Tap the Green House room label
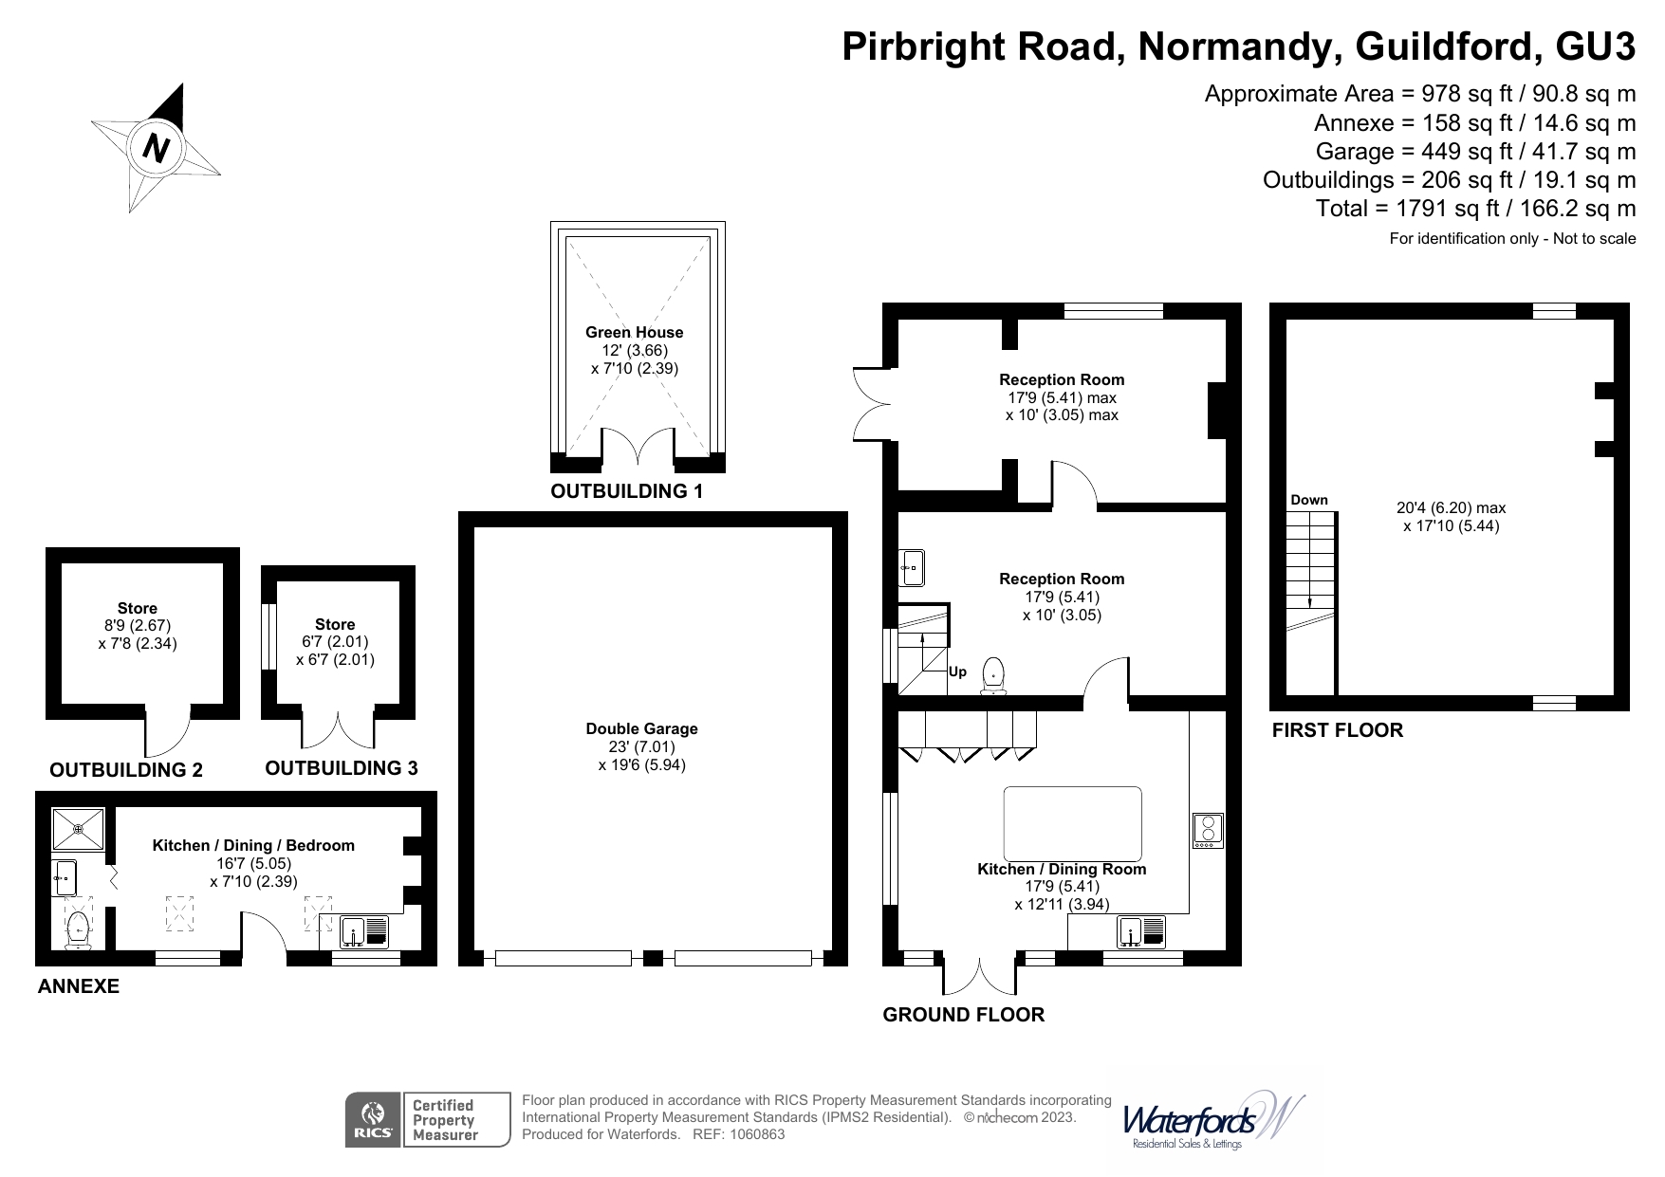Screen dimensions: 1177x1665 click(x=634, y=333)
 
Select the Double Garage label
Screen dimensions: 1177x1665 click(x=641, y=728)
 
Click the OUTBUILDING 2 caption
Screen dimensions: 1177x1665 click(x=126, y=770)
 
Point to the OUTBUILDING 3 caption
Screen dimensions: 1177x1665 click(x=342, y=768)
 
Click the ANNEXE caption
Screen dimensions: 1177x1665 click(x=79, y=986)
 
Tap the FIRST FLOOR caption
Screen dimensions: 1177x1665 click(x=1337, y=730)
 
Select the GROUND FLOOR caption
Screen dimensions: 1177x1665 click(x=963, y=1015)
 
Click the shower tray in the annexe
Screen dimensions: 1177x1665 click(x=80, y=828)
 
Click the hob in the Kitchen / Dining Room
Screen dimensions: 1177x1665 click(x=1208, y=831)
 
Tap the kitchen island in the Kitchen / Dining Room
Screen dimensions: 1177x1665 click(x=1072, y=822)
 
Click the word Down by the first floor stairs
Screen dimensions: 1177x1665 click(x=1308, y=500)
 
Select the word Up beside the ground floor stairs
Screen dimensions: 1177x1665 click(x=958, y=671)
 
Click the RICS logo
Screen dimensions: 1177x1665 click(x=373, y=1120)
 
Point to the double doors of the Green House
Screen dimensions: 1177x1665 click(x=638, y=448)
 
